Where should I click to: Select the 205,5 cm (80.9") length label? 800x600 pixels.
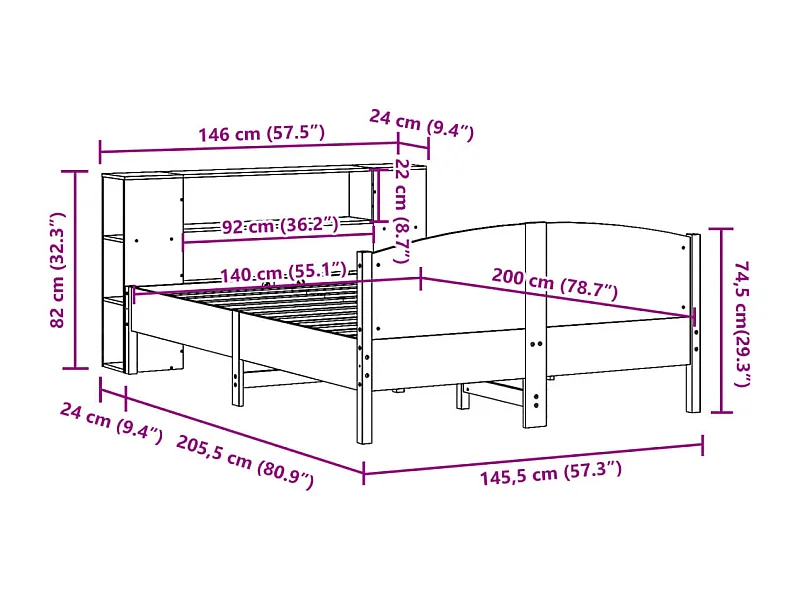(245, 461)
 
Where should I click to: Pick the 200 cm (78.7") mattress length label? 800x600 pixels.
(555, 286)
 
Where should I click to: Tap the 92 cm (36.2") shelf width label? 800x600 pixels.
(278, 226)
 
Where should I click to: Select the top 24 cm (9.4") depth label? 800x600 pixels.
(420, 124)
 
